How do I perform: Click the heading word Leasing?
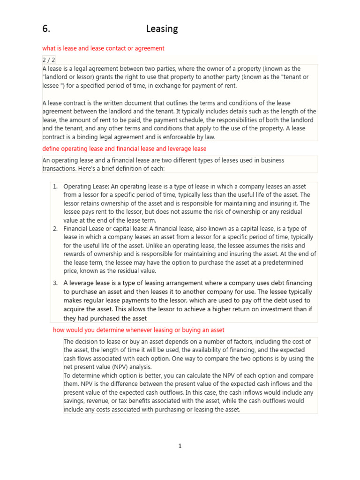click(162, 29)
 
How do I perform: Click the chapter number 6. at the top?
click(46, 29)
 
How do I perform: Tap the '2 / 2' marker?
click(48, 60)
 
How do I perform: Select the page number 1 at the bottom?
click(180, 446)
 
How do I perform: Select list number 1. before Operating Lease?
click(55, 187)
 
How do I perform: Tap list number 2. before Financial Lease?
click(55, 229)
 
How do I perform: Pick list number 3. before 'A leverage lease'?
click(55, 283)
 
